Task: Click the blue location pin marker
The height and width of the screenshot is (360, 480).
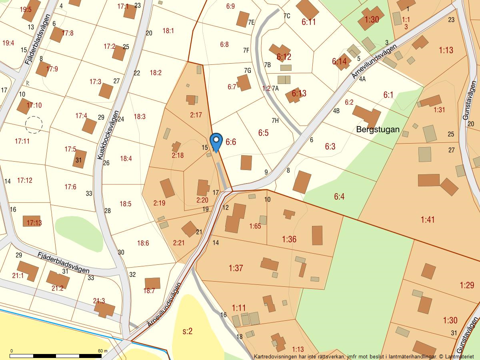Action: [216, 141]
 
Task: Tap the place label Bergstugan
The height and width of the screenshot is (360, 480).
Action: [378, 130]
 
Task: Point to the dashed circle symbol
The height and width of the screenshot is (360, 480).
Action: [34, 125]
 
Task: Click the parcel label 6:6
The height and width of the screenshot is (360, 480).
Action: [231, 142]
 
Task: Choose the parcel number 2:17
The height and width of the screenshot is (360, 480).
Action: [196, 115]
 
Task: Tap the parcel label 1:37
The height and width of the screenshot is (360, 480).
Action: [236, 268]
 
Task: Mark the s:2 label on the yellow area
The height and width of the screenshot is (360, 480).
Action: [188, 331]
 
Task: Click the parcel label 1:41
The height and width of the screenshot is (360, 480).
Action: [428, 219]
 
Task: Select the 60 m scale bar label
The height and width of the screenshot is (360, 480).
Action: [103, 351]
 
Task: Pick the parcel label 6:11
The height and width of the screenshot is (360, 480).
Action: [308, 22]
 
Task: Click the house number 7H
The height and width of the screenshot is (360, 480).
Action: [275, 120]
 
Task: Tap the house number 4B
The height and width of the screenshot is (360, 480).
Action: [336, 111]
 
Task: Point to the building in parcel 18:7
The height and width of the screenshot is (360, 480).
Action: [152, 283]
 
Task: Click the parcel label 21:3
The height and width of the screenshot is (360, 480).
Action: [99, 301]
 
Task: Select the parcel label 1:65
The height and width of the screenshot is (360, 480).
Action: [255, 226]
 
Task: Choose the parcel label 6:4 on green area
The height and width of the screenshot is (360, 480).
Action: [339, 196]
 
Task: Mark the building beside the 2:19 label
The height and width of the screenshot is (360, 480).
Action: [167, 188]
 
